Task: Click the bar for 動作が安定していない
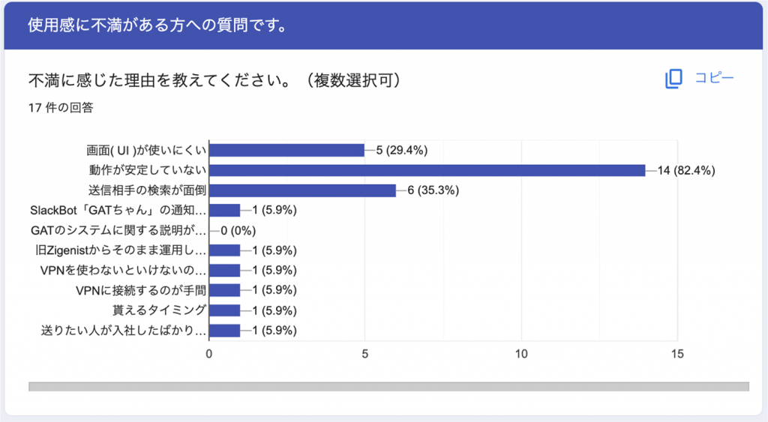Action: [427, 170]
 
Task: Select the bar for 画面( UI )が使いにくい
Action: [286, 150]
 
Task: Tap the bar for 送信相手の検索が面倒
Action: [302, 190]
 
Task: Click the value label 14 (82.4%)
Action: [686, 170]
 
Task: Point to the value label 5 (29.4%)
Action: [401, 150]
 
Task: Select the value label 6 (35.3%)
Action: [433, 190]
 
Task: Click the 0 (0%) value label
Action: [239, 230]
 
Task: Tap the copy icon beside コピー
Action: [673, 78]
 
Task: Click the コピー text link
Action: [714, 78]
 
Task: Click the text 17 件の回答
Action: [61, 107]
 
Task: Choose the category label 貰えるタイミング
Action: [158, 310]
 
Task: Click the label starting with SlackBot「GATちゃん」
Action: [118, 211]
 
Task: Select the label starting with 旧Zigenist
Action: [120, 250]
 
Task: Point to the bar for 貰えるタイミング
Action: [224, 310]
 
